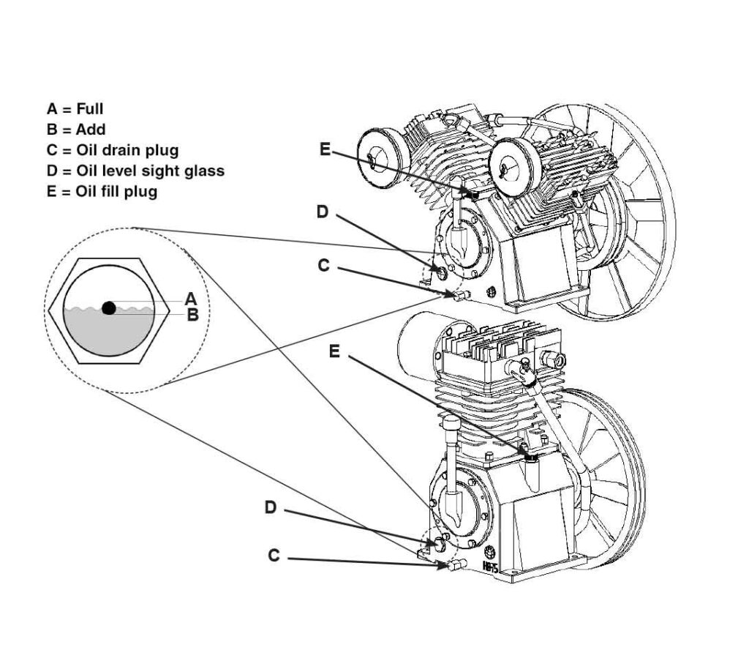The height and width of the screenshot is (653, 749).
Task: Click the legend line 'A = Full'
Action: tap(75, 109)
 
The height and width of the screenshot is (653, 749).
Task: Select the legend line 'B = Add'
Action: tap(76, 130)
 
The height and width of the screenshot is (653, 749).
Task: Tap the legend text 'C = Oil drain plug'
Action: tap(113, 150)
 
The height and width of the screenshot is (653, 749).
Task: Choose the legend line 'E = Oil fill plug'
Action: tap(102, 192)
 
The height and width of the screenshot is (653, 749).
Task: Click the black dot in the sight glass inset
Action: tap(109, 308)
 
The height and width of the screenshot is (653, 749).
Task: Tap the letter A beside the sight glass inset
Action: tap(191, 299)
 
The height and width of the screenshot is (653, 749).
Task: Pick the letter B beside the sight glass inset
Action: tap(192, 315)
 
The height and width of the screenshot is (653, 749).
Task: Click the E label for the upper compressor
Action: tap(325, 149)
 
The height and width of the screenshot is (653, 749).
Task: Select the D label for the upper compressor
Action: tap(323, 212)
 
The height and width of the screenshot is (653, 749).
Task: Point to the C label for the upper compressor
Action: tap(324, 265)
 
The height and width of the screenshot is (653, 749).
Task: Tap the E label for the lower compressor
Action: tap(334, 352)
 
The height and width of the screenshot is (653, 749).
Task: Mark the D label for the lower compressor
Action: tap(271, 507)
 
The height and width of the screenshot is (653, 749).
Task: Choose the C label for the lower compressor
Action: tap(274, 556)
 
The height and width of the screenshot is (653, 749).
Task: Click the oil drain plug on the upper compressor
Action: tap(461, 295)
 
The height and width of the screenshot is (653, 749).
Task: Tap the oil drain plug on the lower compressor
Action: tap(456, 564)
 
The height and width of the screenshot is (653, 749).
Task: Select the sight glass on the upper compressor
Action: tap(441, 274)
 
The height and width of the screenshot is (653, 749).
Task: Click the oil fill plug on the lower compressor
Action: tap(530, 458)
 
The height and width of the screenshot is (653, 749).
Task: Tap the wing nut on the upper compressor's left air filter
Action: tap(372, 159)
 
